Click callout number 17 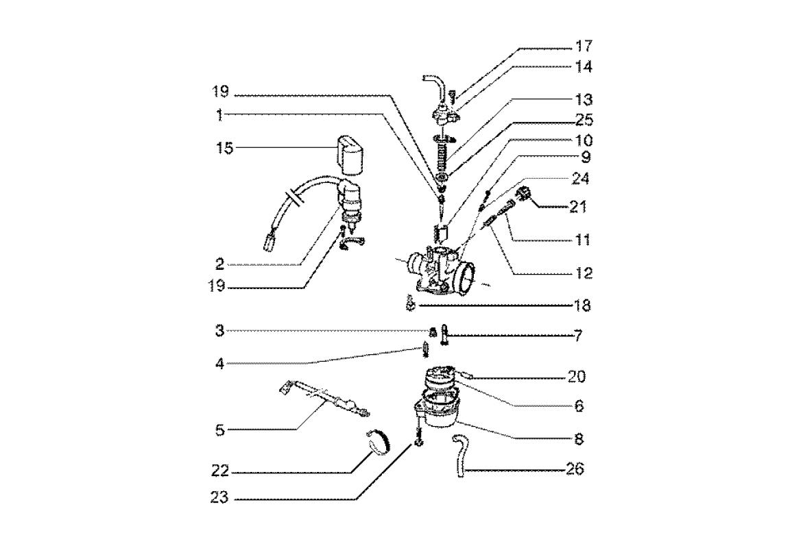584,47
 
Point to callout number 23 221,499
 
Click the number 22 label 221,471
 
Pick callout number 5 220,430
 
